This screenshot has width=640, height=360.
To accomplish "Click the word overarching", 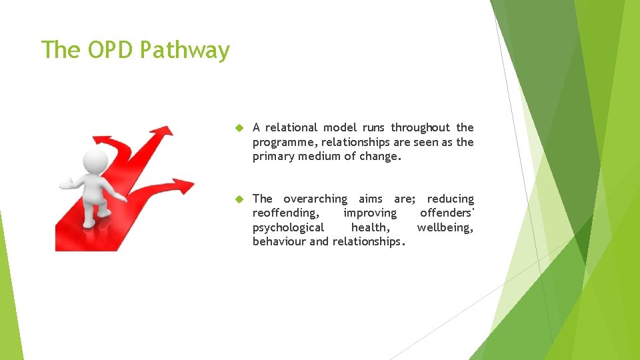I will tap(315, 199).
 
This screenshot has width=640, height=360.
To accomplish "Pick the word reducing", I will tap(451, 199).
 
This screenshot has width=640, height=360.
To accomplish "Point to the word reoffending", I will tap(285, 213).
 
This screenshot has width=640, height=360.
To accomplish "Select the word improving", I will tap(369, 213).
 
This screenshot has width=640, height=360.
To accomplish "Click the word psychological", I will tap(288, 227).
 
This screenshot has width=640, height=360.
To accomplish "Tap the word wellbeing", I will tap(445, 227).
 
